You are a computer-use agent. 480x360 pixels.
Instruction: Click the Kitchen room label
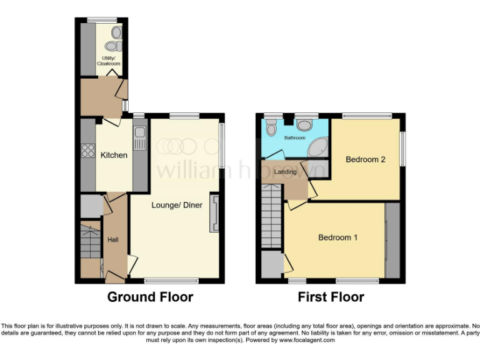(114, 155)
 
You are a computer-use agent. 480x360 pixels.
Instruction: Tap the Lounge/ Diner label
(177, 205)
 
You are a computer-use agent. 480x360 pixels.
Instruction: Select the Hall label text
(113, 239)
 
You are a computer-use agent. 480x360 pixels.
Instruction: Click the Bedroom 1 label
(337, 237)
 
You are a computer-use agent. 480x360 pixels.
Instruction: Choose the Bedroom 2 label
(365, 159)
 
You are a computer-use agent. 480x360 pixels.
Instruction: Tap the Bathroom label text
(295, 137)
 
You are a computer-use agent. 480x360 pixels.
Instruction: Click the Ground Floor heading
(150, 297)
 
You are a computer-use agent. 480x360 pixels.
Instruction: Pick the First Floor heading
(331, 297)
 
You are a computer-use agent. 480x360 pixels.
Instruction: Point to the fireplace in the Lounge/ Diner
(215, 212)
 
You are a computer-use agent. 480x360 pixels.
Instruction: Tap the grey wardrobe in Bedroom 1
(392, 241)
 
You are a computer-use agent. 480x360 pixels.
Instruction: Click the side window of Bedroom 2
(402, 149)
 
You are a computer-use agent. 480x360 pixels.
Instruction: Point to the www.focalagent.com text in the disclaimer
(306, 341)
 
